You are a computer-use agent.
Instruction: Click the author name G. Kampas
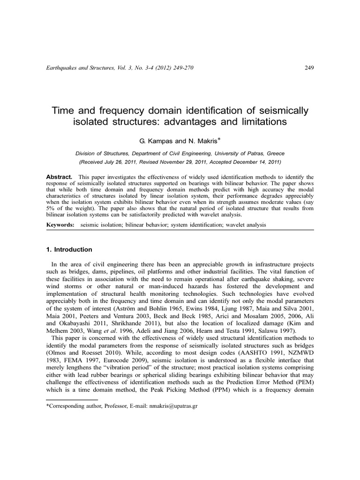[150, 140]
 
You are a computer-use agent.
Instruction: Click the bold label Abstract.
[59, 176]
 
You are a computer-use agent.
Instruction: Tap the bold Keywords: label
[60, 225]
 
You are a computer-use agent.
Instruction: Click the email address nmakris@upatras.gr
[172, 406]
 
